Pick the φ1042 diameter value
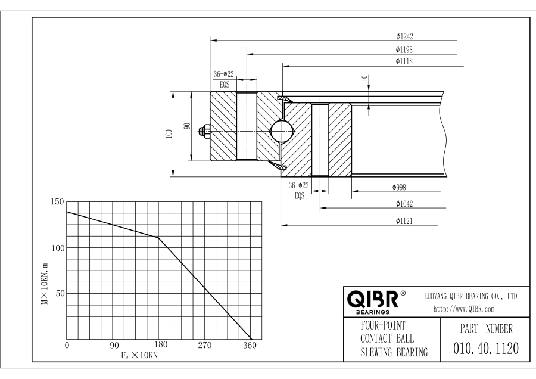coord(404,204)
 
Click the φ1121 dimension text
coord(404,221)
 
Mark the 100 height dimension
coord(169,134)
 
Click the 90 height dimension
coord(186,126)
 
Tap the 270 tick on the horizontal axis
coord(205,345)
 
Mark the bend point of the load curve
coord(158,238)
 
